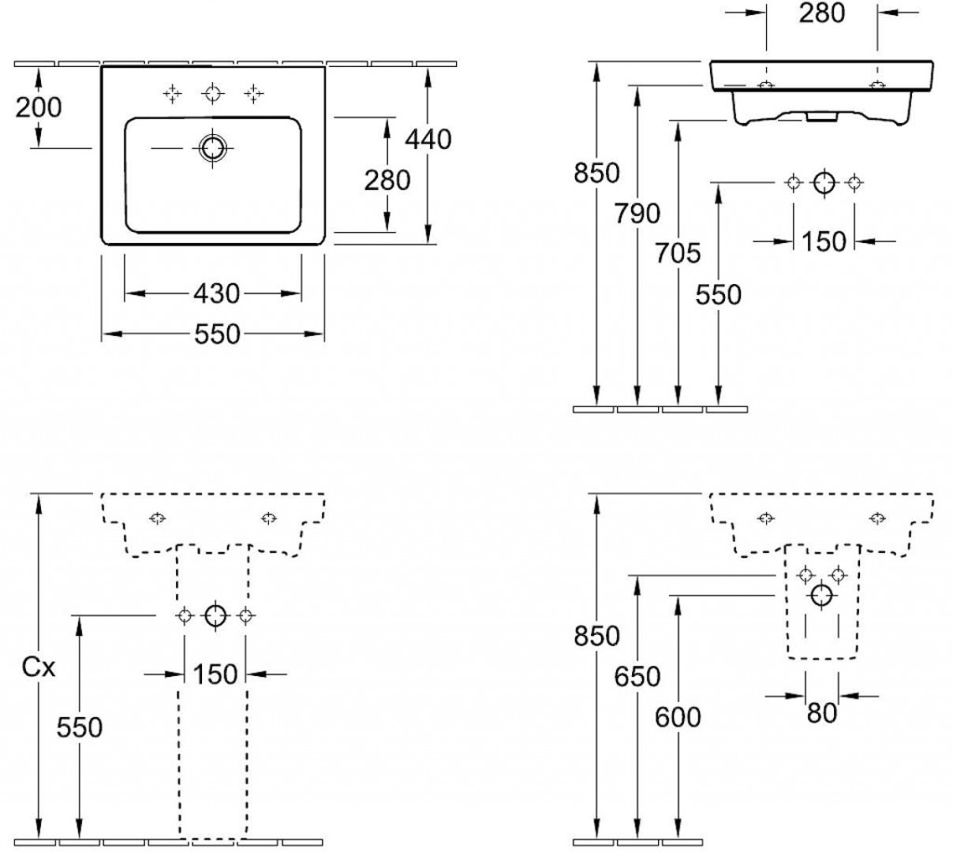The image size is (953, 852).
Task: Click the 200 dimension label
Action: [x=39, y=107]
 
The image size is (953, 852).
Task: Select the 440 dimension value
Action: [x=429, y=139]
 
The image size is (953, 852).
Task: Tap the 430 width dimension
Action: [x=216, y=294]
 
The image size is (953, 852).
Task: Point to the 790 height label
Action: [x=638, y=213]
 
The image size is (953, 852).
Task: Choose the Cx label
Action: [x=40, y=667]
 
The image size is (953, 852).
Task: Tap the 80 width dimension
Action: [x=822, y=713]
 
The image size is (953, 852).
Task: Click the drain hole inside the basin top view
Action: [x=213, y=148]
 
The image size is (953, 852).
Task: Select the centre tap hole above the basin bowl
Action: [x=213, y=92]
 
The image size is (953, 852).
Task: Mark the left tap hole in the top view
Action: [x=172, y=92]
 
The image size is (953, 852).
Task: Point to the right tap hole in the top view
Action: [x=254, y=92]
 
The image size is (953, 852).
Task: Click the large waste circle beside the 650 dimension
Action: [x=822, y=595]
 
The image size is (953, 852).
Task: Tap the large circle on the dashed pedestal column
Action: [x=215, y=615]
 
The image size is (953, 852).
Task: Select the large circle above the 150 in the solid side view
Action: [x=824, y=183]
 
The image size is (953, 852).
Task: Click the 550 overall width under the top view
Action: [x=216, y=333]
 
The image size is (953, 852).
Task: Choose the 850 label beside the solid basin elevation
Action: [x=597, y=172]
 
